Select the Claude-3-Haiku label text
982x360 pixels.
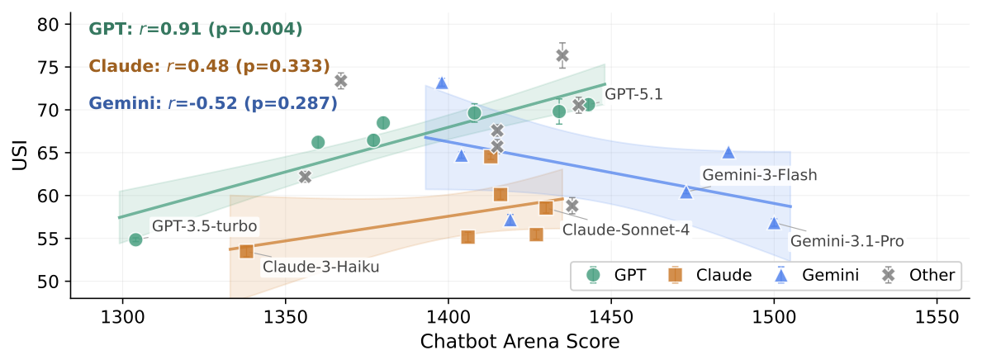[321, 267]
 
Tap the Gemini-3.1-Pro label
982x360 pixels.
[847, 241]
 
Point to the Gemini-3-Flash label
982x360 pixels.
[759, 175]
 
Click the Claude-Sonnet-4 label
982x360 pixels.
[626, 230]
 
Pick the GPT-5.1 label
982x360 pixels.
[633, 94]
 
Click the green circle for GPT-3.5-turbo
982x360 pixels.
[135, 239]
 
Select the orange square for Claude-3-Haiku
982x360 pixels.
[246, 251]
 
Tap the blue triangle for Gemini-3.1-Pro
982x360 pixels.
[774, 223]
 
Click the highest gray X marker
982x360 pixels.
[562, 55]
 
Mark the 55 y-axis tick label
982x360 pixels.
[53, 239]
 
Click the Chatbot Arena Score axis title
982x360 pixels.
[519, 341]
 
